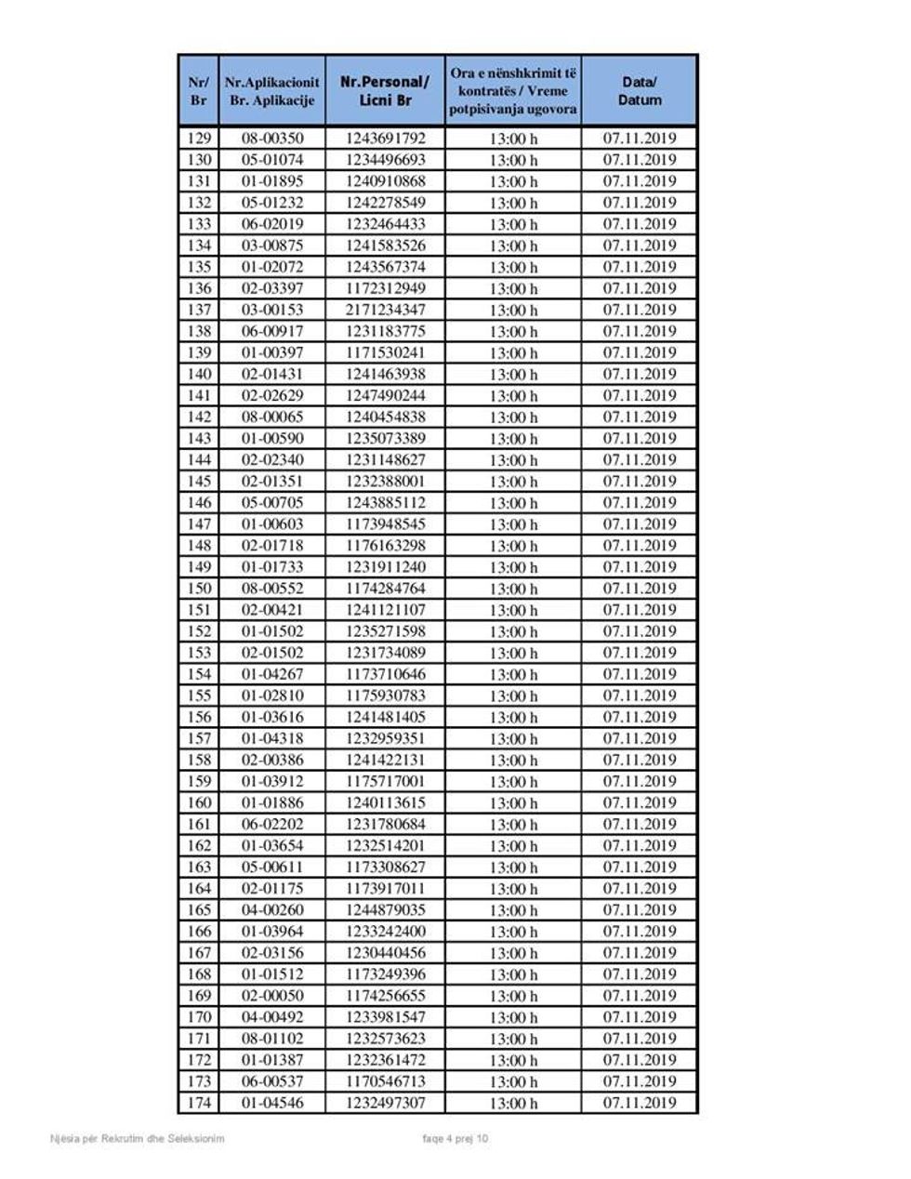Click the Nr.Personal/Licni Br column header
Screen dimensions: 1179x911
coord(385,91)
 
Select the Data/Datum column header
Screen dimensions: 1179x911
coord(640,91)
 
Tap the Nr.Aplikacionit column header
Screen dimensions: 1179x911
coord(272,91)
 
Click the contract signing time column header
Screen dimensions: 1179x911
coord(513,91)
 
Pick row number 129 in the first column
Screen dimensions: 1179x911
coord(199,139)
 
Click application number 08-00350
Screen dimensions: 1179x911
coord(272,139)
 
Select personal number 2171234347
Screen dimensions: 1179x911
coord(385,310)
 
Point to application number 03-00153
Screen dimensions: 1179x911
coord(272,310)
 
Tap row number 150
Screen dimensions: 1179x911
coord(199,589)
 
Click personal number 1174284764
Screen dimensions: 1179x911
coord(385,589)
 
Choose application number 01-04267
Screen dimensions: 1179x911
coord(272,674)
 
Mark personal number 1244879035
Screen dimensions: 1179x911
coord(385,910)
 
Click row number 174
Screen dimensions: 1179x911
coord(199,1103)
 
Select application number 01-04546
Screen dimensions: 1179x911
coord(272,1103)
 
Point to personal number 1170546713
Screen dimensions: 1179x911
coord(385,1081)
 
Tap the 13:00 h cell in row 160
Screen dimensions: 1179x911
coord(513,803)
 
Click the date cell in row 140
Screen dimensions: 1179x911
coord(640,374)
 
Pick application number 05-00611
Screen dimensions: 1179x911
coord(272,868)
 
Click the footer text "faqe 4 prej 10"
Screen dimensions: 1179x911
coord(455,1138)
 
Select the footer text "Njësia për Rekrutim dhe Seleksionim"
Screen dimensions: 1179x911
coord(138,1138)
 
